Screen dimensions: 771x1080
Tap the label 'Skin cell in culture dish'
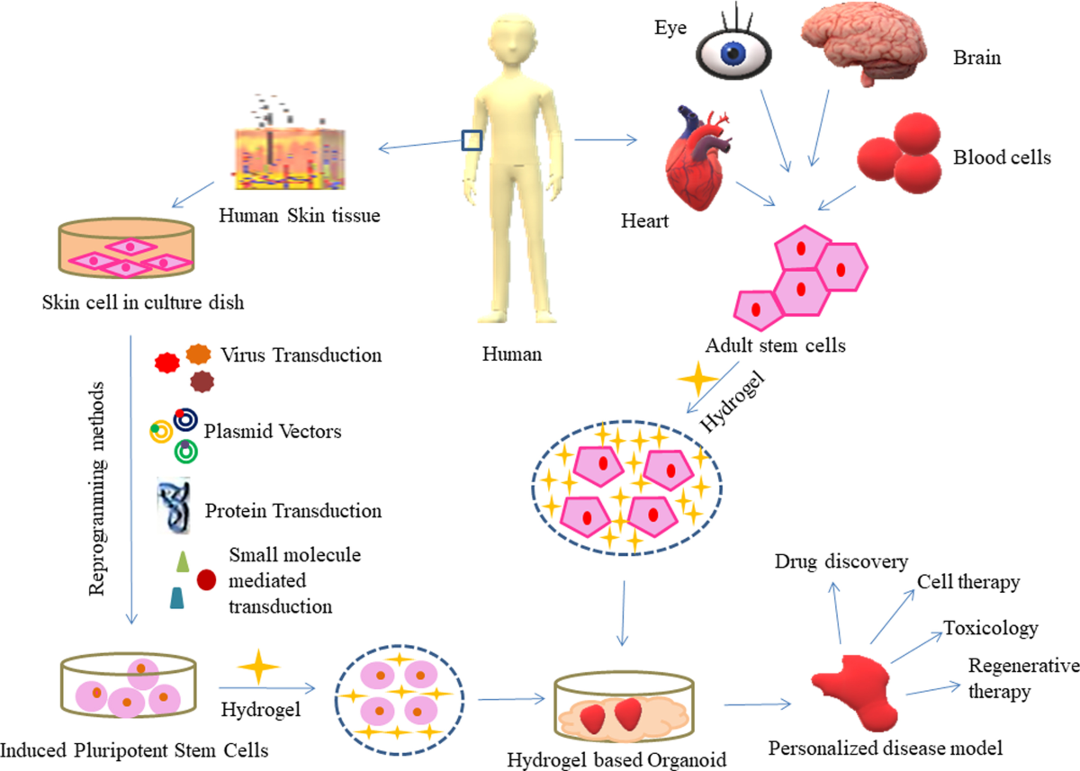click(x=142, y=302)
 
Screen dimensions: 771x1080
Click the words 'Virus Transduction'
click(x=301, y=354)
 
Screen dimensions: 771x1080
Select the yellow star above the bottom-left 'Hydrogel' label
click(x=258, y=666)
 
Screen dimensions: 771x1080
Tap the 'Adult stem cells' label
click(x=776, y=344)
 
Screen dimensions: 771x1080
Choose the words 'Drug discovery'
click(x=841, y=561)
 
